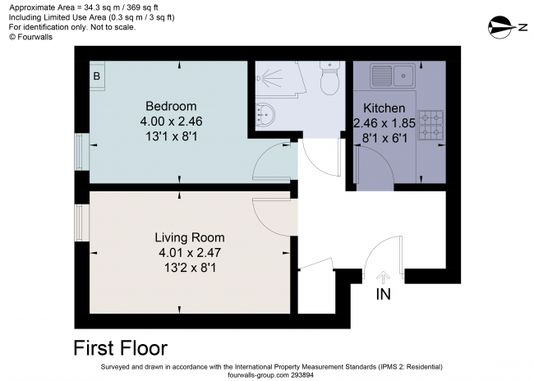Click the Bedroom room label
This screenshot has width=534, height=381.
(171, 106)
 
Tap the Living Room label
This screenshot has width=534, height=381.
(191, 237)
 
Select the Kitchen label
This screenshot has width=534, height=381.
(384, 108)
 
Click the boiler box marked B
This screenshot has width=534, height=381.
(96, 76)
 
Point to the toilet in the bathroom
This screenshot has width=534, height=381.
(329, 80)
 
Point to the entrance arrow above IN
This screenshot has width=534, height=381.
(382, 278)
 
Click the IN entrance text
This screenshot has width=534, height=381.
(383, 294)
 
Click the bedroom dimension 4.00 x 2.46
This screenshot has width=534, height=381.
(171, 121)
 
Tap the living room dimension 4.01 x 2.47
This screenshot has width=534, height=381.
(191, 252)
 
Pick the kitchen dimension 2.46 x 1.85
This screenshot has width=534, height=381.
(384, 123)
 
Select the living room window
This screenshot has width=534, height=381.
(80, 223)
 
